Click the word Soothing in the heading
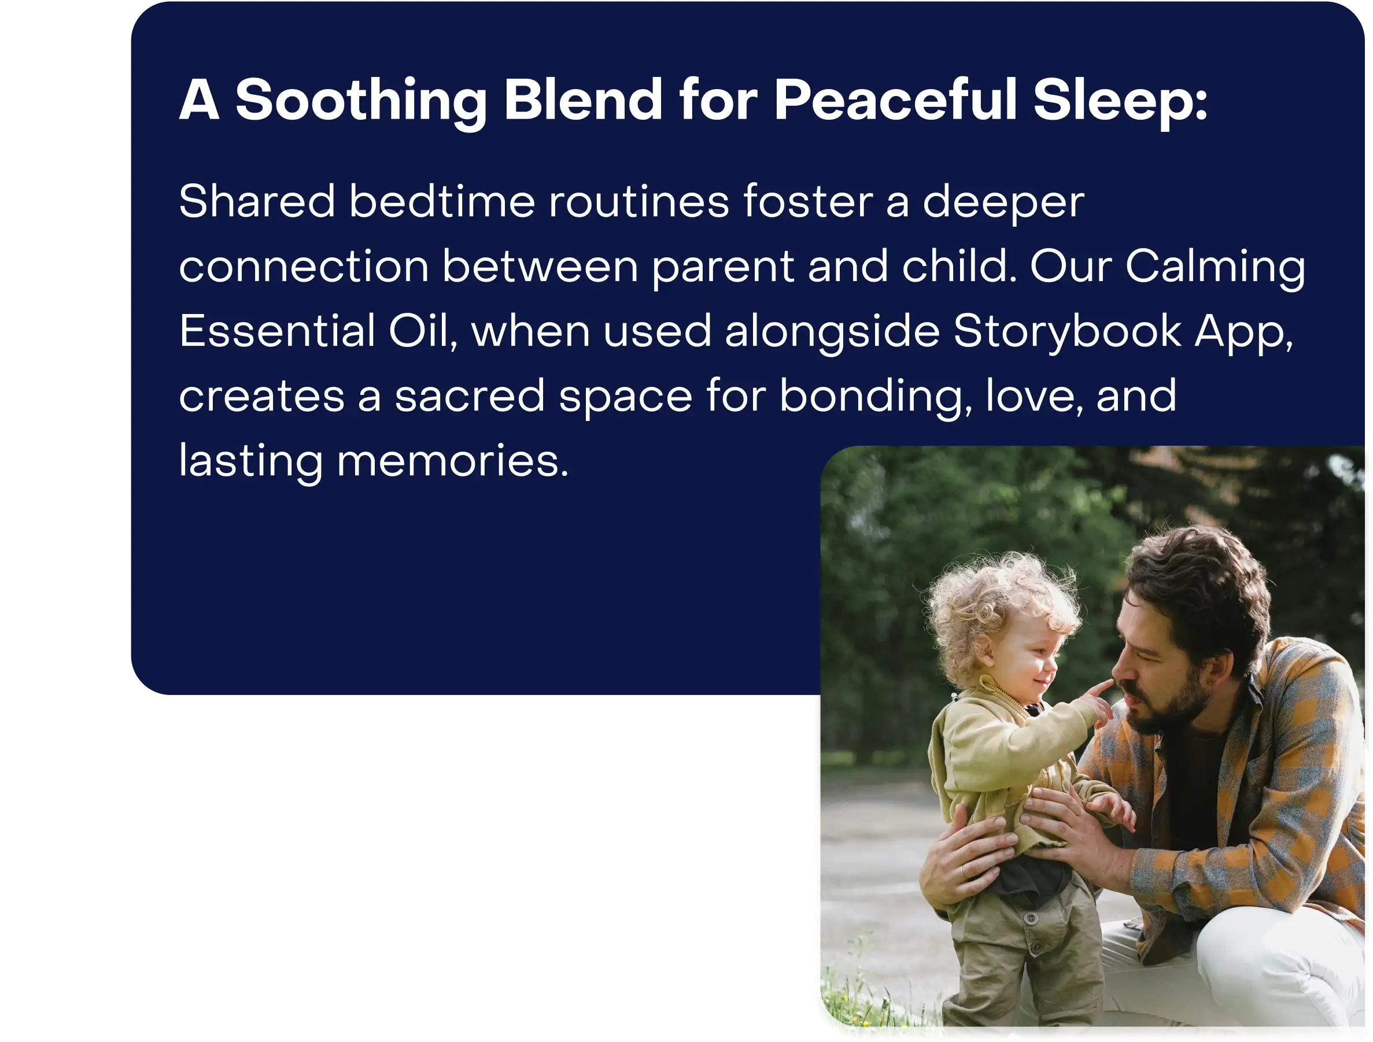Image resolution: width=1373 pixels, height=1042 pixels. (x=361, y=101)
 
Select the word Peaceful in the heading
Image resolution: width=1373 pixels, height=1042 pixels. (x=895, y=99)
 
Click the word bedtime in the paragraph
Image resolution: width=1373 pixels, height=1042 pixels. (x=442, y=201)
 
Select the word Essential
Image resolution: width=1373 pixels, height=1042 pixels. (x=277, y=331)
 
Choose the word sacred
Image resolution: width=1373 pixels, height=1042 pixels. (x=469, y=396)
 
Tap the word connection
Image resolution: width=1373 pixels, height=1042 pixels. (x=304, y=268)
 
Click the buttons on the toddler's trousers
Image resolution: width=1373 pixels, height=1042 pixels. (x=1032, y=931)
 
